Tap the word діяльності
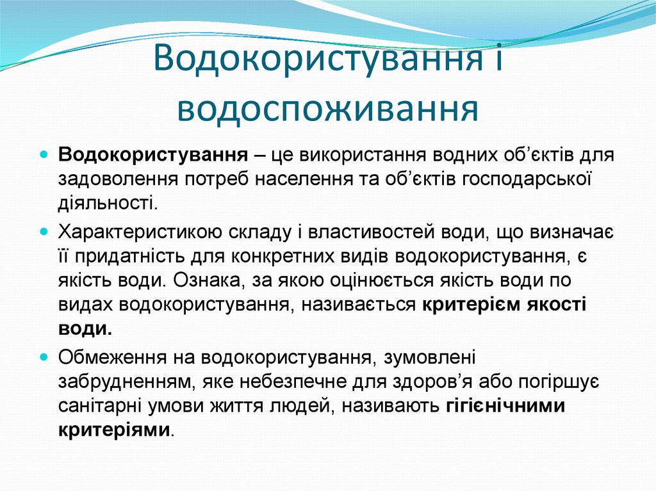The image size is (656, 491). coord(106,204)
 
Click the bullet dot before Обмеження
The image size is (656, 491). coord(44,355)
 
